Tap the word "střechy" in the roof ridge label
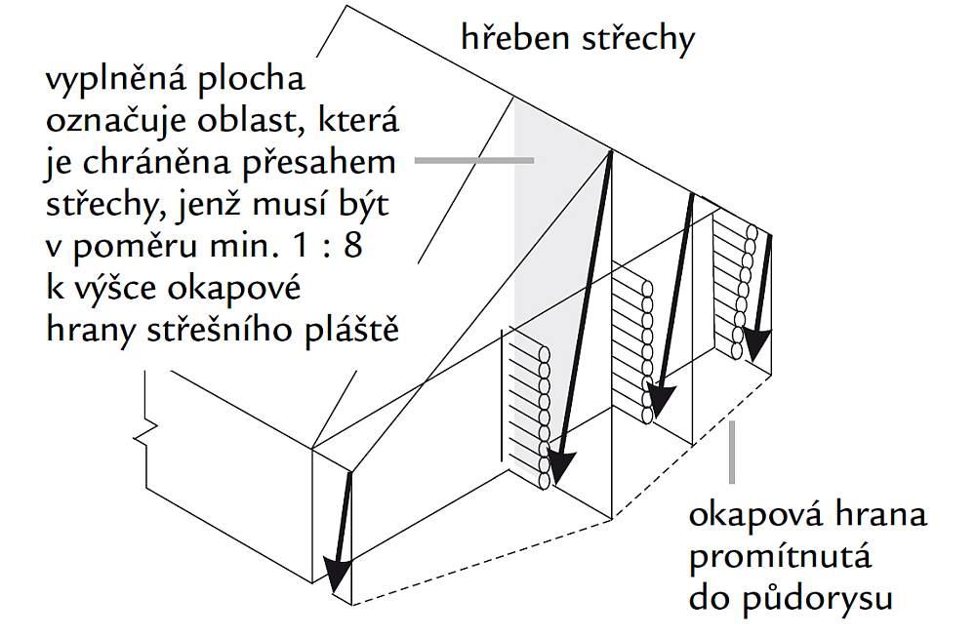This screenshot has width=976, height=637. [635, 40]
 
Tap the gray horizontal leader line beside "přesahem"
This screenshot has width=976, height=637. [473, 159]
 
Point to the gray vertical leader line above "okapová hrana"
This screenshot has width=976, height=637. [732, 454]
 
